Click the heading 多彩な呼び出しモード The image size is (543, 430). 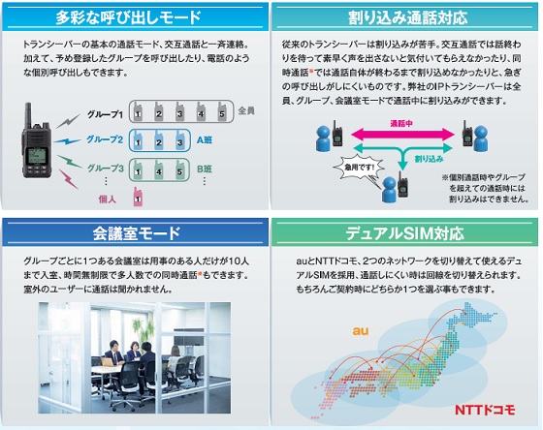128,17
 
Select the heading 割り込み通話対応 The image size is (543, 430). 407,17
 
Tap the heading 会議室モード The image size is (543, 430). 137,233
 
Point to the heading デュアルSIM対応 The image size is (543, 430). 404,233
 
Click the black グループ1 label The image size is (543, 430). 105,114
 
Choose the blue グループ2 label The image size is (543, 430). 105,139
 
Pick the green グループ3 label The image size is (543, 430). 106,169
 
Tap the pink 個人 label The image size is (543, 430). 107,199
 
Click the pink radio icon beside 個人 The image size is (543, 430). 138,197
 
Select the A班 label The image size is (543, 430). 205,139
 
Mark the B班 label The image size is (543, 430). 205,169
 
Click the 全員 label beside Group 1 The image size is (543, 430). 246,110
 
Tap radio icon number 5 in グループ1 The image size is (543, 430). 222,111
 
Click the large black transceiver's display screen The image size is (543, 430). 36,155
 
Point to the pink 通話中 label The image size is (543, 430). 401,124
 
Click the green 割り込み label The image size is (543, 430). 429,159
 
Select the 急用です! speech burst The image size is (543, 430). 359,169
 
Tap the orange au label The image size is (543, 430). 361,331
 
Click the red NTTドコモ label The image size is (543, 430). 485,410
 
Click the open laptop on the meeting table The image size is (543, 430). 107,361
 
